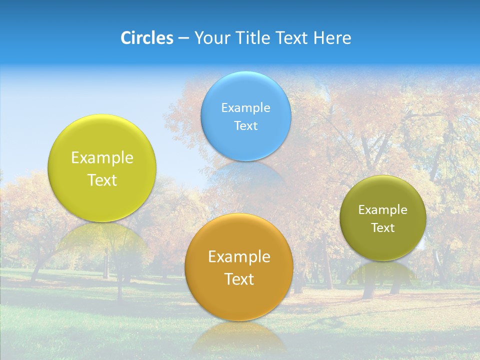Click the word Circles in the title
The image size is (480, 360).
[147, 38]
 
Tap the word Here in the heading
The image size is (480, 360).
[332, 38]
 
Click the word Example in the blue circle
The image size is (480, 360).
[246, 107]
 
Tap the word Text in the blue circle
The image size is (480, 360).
[246, 125]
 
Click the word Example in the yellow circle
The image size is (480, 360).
[102, 158]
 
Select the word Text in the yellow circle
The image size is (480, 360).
[102, 180]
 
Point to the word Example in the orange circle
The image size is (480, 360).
[239, 257]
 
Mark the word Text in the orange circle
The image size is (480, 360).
[239, 279]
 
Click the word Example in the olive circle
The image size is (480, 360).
[383, 209]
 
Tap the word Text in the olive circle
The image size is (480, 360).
[383, 227]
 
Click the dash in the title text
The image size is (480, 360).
[183, 38]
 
